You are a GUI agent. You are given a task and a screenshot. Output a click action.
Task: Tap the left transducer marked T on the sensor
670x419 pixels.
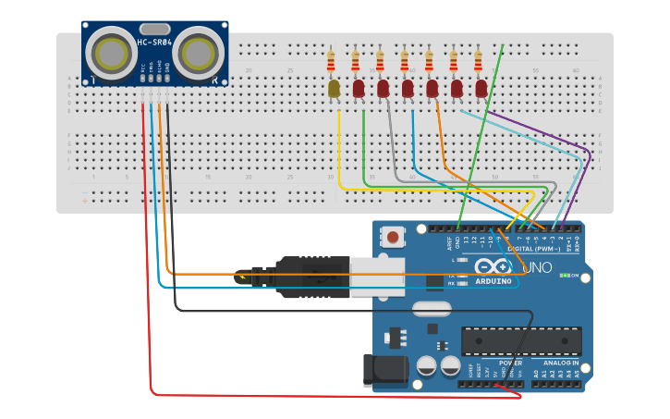[x=114, y=53]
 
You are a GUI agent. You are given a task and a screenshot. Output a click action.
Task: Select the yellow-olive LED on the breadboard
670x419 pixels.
[x=334, y=89]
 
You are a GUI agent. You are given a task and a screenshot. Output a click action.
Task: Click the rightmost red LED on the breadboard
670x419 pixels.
[x=481, y=88]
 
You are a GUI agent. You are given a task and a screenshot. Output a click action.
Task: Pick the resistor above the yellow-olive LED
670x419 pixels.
[x=332, y=62]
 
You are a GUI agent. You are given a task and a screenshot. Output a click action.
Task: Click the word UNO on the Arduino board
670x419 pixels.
[x=537, y=268]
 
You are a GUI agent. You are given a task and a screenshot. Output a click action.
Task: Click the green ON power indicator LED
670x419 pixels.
[x=564, y=276]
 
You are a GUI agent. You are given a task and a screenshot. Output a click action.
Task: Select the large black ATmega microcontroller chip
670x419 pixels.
[x=521, y=340]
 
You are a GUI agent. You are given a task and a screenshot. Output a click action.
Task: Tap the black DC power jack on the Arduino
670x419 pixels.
[x=384, y=370]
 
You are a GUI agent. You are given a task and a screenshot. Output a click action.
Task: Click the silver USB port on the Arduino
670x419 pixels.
[x=377, y=276]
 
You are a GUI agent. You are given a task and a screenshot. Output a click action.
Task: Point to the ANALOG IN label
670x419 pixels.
[x=560, y=364]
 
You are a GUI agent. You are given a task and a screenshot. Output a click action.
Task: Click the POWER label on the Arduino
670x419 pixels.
[x=510, y=364]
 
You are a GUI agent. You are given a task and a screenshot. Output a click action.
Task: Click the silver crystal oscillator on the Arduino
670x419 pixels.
[x=431, y=308]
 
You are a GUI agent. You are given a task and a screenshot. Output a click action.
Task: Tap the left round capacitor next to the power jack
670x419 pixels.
[x=427, y=365]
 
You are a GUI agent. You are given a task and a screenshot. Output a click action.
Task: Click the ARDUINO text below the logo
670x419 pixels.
[x=493, y=281]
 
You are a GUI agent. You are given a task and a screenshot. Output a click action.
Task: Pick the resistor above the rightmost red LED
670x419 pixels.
[x=478, y=62]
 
